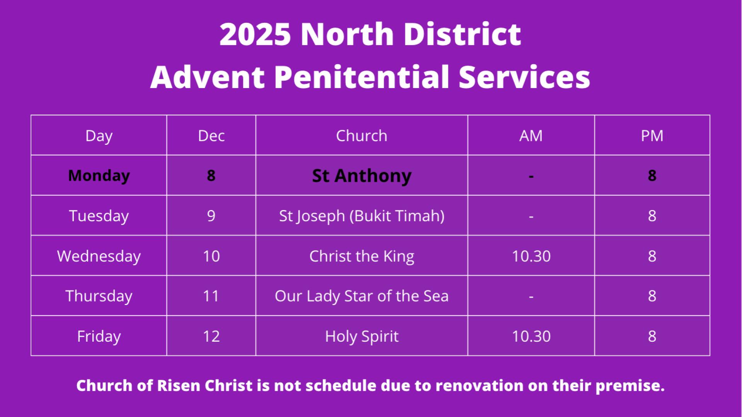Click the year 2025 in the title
pos(255,34)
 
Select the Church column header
pos(361,136)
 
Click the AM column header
pos(531,136)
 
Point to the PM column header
pos(652,136)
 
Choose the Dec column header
pos(211,136)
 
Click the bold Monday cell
pos(99,176)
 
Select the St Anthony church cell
pos(362,176)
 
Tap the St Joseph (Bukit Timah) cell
pos(362,216)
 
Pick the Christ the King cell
pos(362,256)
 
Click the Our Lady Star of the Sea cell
pos(362,296)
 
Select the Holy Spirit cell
pos(362,336)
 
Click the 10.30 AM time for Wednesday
pos(531,256)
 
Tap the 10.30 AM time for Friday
pos(531,336)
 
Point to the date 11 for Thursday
pos(211,296)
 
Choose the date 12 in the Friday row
pos(211,336)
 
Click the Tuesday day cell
pos(99,216)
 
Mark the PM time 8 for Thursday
pos(652,296)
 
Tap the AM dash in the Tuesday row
pos(531,217)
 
